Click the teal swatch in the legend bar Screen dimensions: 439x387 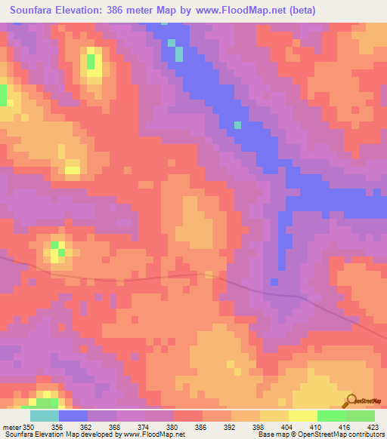pyautogui.click(x=45, y=416)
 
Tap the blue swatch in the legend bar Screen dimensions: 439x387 pyautogui.click(x=73, y=416)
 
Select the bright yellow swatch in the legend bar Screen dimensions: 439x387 pyautogui.click(x=303, y=416)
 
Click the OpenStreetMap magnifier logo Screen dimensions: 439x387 pyautogui.click(x=351, y=401)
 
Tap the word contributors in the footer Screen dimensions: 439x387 pyautogui.click(x=367, y=434)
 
